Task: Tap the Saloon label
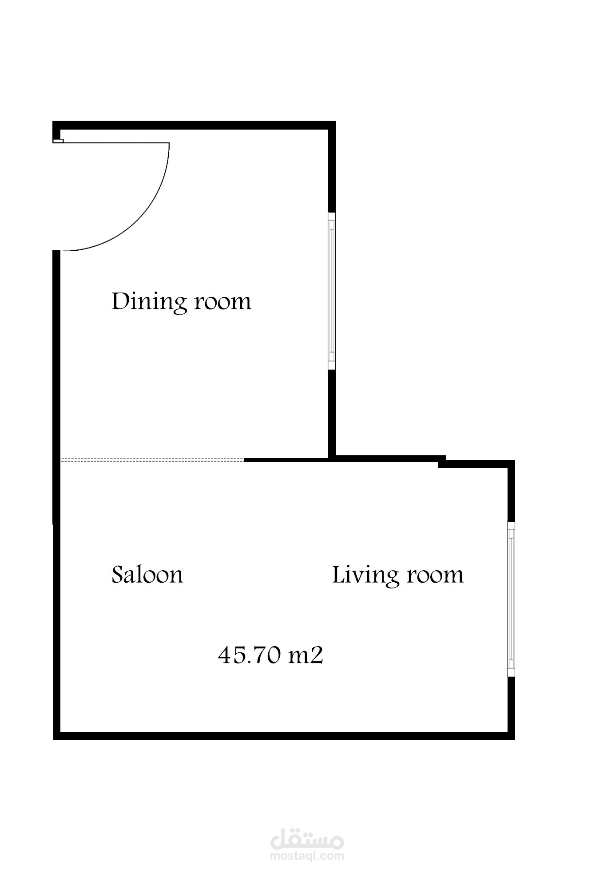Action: pyautogui.click(x=147, y=574)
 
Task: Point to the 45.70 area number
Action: pyautogui.click(x=249, y=655)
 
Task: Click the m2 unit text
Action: pyautogui.click(x=306, y=655)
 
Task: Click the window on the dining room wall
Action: pyautogui.click(x=332, y=290)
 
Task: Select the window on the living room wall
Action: pyautogui.click(x=511, y=599)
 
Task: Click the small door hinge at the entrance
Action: pyautogui.click(x=58, y=141)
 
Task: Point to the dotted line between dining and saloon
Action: pyautogui.click(x=152, y=460)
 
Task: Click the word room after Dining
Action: pyautogui.click(x=223, y=302)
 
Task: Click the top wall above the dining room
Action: pyautogui.click(x=194, y=125)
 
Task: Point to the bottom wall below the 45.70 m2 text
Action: pyautogui.click(x=284, y=736)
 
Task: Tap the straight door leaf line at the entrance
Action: pyautogui.click(x=116, y=142)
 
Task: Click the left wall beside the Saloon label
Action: pyautogui.click(x=56, y=577)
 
